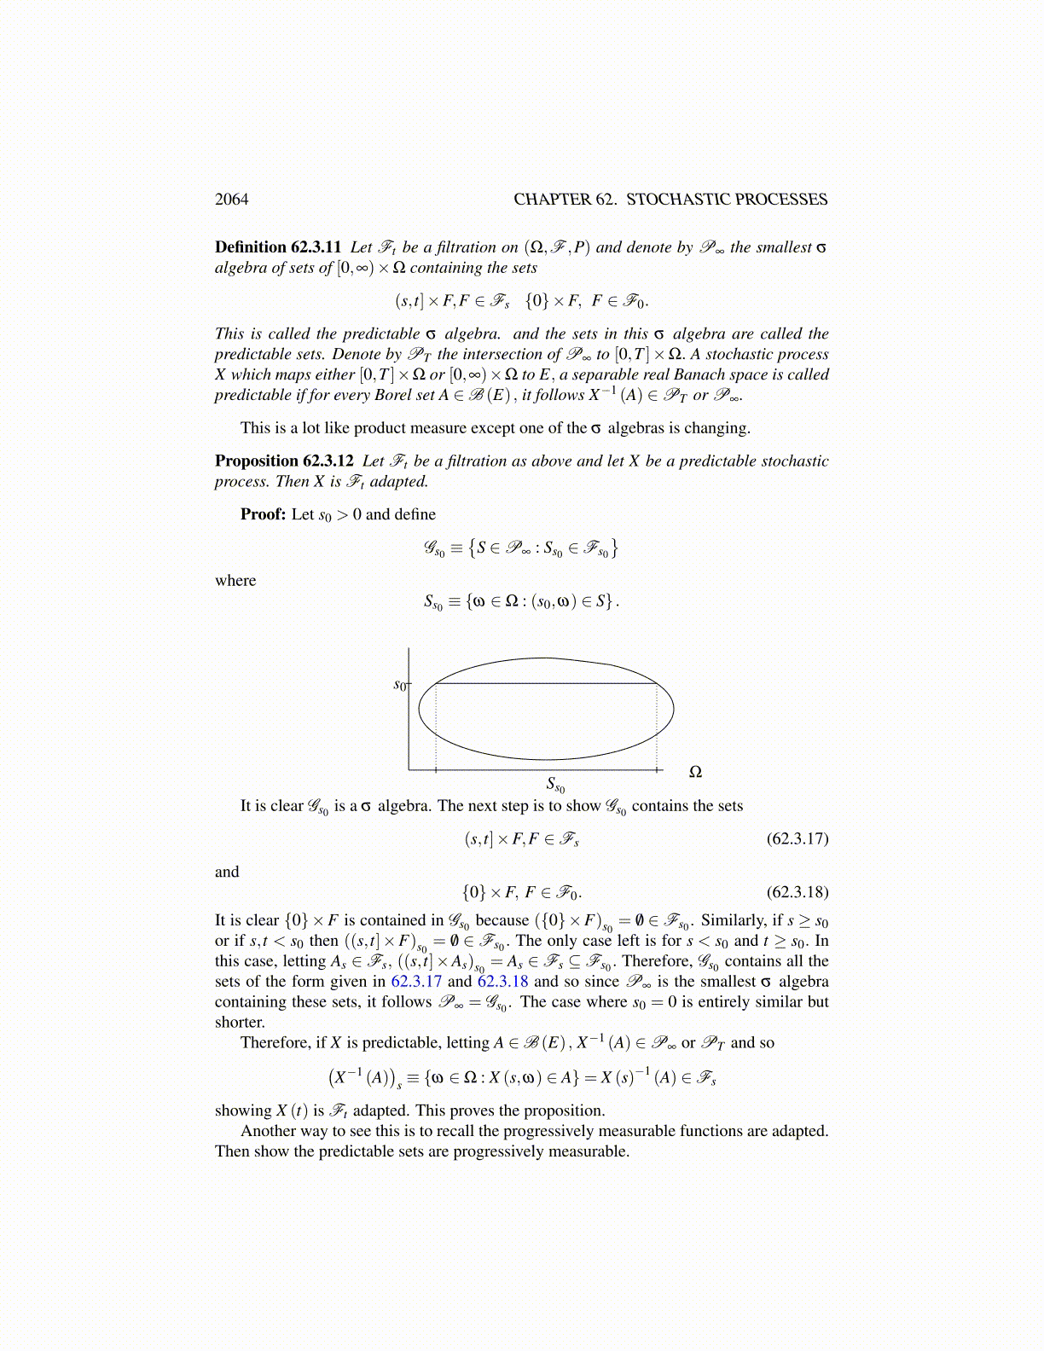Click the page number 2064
pyautogui.click(x=231, y=200)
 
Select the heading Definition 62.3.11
pyautogui.click(x=278, y=247)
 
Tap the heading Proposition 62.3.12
pyautogui.click(x=284, y=461)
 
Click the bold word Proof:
pyautogui.click(x=263, y=514)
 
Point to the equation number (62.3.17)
pyautogui.click(x=797, y=838)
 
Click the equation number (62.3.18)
pyautogui.click(x=797, y=892)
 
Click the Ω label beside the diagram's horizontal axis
pyautogui.click(x=695, y=772)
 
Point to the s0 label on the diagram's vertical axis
pyautogui.click(x=400, y=685)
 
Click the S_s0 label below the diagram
pyautogui.click(x=554, y=785)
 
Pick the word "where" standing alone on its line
pyautogui.click(x=235, y=581)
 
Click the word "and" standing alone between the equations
pyautogui.click(x=227, y=872)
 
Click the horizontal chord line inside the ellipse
pyautogui.click(x=546, y=683)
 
